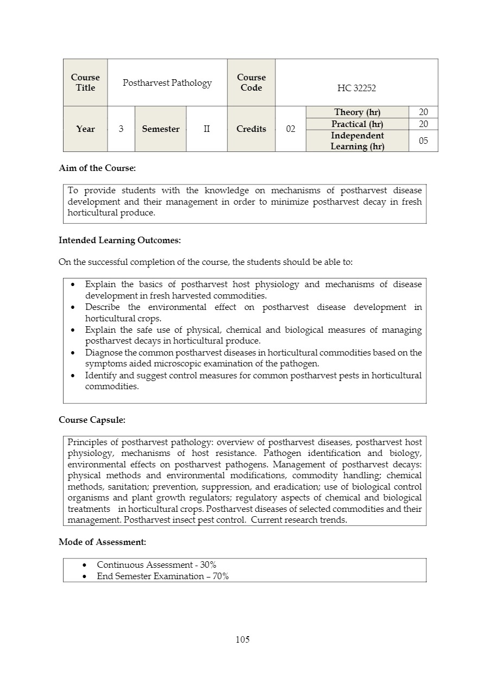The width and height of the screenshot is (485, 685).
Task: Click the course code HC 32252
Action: tap(356, 88)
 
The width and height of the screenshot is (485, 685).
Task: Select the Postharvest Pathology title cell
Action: tap(167, 83)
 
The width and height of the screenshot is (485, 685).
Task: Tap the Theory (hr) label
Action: tap(357, 112)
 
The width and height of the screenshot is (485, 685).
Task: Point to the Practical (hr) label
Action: tap(357, 124)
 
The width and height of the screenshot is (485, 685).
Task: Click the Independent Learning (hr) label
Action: tap(357, 141)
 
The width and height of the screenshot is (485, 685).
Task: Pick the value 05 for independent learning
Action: tap(423, 141)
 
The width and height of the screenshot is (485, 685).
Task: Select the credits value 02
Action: tap(291, 129)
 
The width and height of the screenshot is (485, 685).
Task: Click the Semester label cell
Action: tap(160, 129)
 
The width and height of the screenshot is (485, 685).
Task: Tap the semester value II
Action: tap(206, 129)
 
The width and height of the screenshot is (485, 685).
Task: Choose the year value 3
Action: tap(121, 129)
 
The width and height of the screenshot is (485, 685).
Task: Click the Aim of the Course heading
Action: tap(97, 168)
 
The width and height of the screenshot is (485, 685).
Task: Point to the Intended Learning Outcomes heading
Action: tap(119, 240)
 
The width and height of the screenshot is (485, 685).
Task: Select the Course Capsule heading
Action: tap(92, 420)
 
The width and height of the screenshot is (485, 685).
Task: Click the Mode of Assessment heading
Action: tap(102, 542)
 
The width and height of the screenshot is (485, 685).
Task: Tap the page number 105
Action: tap(243, 639)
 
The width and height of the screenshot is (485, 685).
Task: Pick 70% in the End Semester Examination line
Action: tap(221, 576)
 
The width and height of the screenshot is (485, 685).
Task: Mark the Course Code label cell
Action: tap(251, 83)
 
